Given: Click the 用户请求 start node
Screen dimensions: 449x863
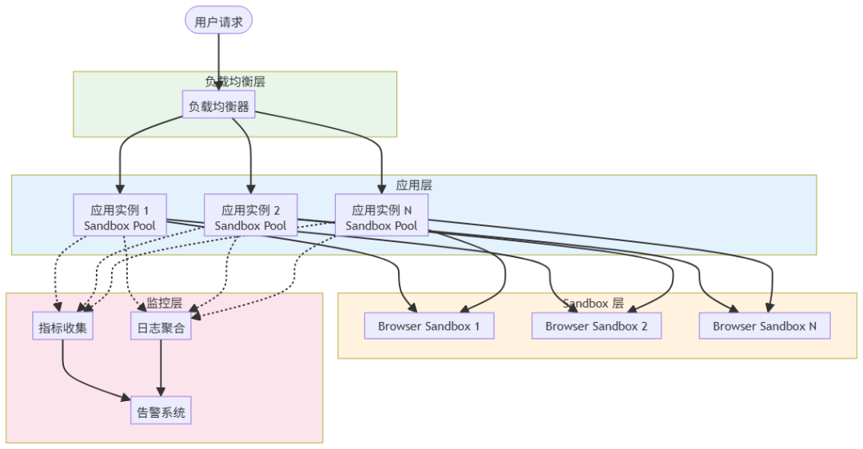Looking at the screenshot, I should pos(219,22).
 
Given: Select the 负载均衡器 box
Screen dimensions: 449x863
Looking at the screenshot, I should pos(219,105).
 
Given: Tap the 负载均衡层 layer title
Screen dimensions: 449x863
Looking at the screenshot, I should pos(235,81).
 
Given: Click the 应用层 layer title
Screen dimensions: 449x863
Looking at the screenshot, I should pos(414,185).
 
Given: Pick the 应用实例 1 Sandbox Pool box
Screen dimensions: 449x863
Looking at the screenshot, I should pos(120,217).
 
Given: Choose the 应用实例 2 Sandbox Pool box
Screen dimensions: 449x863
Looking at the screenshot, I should pos(250,217).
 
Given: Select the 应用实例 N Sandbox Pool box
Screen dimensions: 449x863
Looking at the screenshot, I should pos(381,217).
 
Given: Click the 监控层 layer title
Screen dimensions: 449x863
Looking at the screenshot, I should pos(164,304).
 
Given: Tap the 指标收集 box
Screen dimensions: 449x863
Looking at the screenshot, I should pos(63,326).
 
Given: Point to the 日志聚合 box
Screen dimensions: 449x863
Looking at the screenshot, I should pos(161,326).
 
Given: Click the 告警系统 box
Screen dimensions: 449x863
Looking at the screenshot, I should pos(161,412).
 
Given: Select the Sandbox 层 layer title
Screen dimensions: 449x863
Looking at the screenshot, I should pos(593,304).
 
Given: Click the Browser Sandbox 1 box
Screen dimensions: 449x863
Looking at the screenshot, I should pos(429,326).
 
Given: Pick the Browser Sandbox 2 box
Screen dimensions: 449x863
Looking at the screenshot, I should pos(596,326).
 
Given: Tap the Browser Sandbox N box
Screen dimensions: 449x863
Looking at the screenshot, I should pos(764,326).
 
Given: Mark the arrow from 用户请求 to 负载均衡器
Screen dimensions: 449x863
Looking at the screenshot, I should pos(219,64).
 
